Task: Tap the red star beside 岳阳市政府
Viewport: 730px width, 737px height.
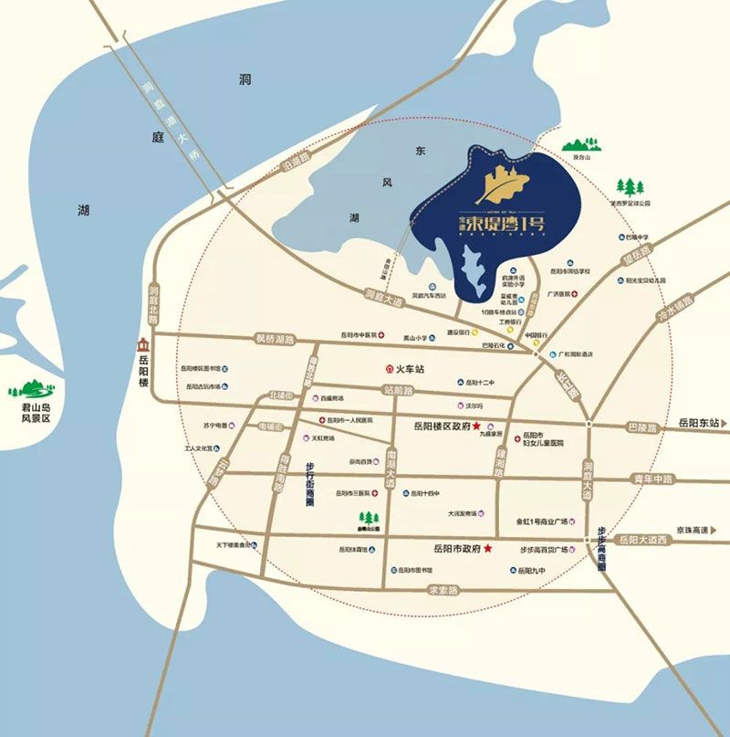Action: click(488, 548)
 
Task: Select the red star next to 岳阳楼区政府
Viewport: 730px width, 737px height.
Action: click(476, 426)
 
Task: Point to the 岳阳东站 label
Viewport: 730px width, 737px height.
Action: click(700, 424)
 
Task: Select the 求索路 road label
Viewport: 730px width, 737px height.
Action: click(446, 589)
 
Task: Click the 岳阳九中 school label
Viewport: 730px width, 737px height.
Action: click(530, 571)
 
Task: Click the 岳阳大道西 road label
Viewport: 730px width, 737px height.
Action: click(644, 541)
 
